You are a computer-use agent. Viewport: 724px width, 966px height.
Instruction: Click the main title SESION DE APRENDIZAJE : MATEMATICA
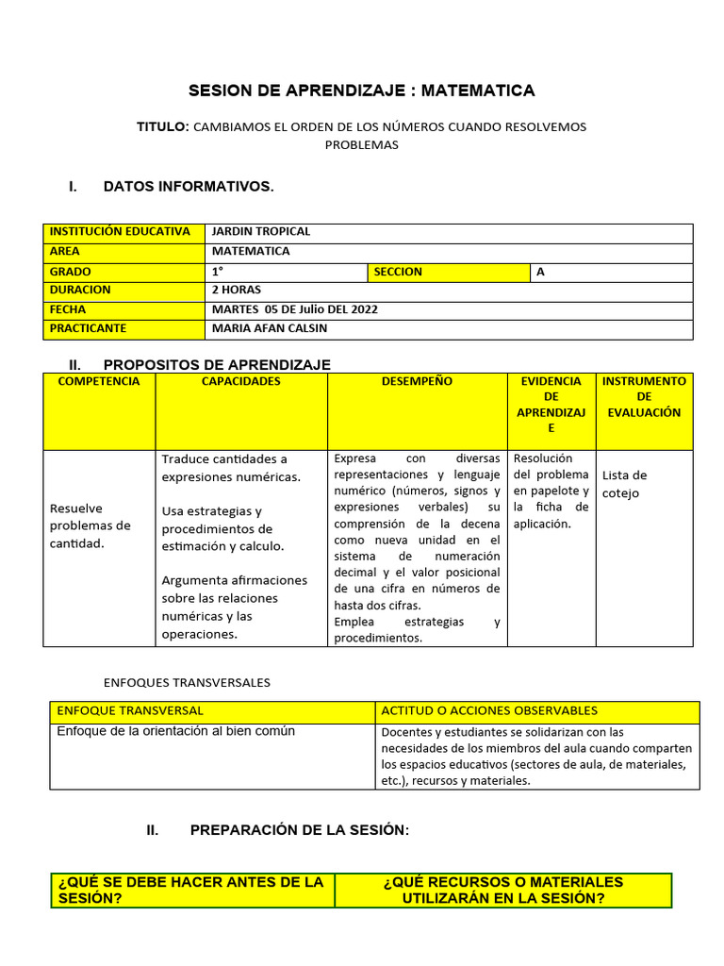tap(361, 91)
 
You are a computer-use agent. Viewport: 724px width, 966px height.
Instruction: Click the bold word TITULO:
tap(163, 126)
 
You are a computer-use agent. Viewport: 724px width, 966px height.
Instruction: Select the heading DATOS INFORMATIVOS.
tap(189, 187)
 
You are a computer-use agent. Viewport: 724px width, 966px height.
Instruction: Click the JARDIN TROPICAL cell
tap(261, 232)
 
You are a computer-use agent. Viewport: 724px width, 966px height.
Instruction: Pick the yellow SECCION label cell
tap(449, 272)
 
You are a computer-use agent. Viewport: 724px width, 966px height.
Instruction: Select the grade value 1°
tap(219, 272)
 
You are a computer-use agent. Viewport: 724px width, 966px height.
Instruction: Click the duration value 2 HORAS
tap(237, 291)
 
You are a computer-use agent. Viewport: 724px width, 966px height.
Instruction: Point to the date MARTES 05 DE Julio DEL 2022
tap(294, 309)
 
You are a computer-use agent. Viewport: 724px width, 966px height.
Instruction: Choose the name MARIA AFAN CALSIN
tap(270, 329)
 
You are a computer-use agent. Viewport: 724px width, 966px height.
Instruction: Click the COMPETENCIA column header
tap(99, 382)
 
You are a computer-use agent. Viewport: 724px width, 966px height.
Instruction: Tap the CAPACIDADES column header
tap(241, 382)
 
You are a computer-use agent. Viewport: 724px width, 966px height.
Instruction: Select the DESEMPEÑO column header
tap(417, 382)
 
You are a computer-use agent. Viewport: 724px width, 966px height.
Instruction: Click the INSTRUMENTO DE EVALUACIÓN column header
tap(644, 397)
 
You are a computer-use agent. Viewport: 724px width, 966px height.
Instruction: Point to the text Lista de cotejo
tap(624, 484)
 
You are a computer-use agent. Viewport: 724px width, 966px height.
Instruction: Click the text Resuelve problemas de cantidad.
tap(90, 525)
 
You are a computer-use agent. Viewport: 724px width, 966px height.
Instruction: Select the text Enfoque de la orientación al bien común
tap(176, 731)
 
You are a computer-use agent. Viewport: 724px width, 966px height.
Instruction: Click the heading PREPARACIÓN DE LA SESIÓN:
tap(300, 830)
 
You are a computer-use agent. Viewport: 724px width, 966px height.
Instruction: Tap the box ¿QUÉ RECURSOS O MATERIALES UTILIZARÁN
tap(503, 890)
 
